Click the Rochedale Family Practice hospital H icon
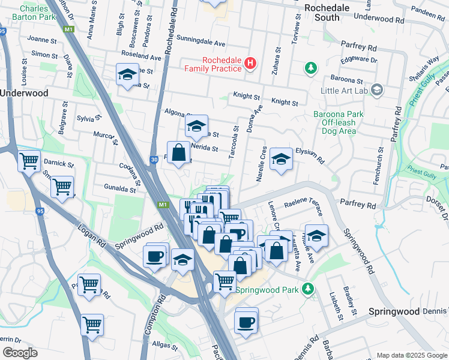[250, 63]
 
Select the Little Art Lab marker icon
[377, 91]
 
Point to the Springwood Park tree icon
[308, 289]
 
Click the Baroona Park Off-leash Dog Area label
[334, 122]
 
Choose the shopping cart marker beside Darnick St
[28, 161]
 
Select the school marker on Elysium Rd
[280, 160]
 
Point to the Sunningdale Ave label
[200, 44]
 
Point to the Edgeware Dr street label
[358, 60]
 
